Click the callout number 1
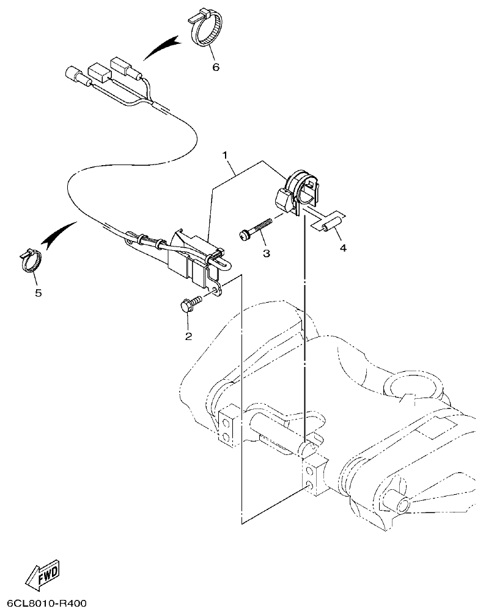click(227, 148)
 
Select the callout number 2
click(188, 336)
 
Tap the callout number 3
click(266, 252)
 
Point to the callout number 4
click(343, 248)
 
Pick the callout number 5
click(38, 293)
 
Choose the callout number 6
click(215, 67)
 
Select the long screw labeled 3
click(256, 230)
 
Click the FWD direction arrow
click(43, 575)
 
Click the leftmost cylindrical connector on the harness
click(75, 77)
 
